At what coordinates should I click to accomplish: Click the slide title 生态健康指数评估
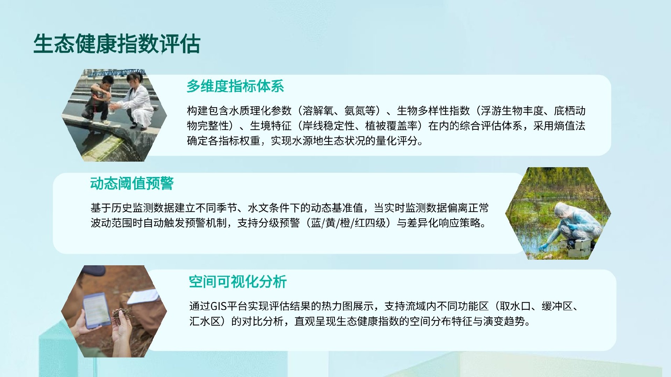coord(117,44)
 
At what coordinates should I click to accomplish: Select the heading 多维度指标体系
coord(235,86)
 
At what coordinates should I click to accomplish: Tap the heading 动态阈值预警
coord(132,183)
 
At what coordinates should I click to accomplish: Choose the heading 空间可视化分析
coord(238,281)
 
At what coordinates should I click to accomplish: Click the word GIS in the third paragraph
coord(219,306)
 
